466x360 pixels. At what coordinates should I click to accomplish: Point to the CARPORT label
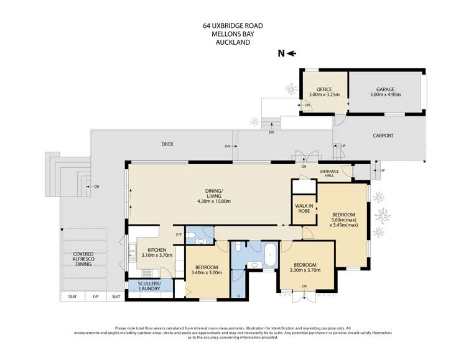pyautogui.click(x=383, y=136)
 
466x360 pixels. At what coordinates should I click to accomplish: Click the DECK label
pyautogui.click(x=167, y=144)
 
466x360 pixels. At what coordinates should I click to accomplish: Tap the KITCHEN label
pyautogui.click(x=152, y=252)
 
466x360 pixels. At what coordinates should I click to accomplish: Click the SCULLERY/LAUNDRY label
pyautogui.click(x=149, y=287)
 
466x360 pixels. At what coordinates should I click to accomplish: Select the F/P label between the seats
pyautogui.click(x=95, y=297)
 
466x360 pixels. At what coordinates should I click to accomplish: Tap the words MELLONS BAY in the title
pyautogui.click(x=233, y=34)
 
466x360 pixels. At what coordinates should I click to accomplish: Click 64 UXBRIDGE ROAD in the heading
pyautogui.click(x=233, y=25)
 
